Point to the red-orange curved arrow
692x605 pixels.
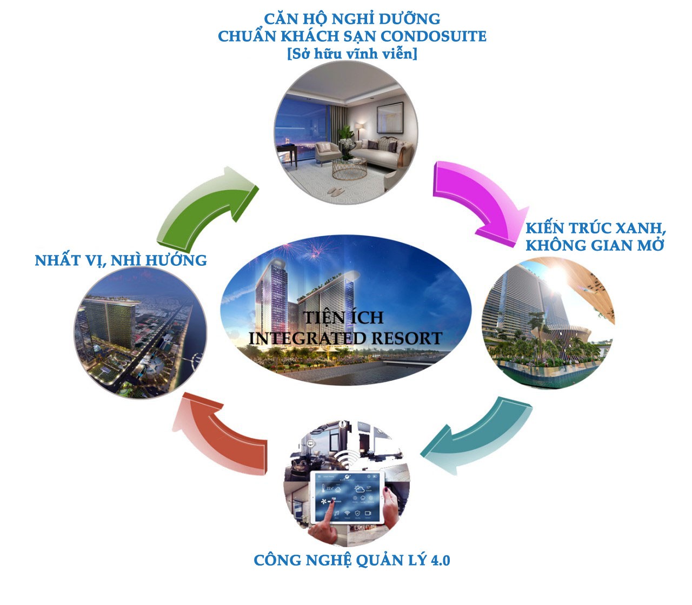point(220,439)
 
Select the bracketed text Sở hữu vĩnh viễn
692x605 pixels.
point(352,54)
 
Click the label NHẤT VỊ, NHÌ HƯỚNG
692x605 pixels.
point(121,261)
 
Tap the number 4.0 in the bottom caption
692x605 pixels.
point(441,561)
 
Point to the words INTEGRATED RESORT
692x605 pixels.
point(345,338)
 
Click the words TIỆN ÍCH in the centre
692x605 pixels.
point(343,318)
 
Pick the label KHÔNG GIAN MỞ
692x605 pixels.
point(595,245)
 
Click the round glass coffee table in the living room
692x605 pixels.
point(349,168)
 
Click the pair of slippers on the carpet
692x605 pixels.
point(336,192)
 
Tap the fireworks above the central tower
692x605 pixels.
point(306,250)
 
